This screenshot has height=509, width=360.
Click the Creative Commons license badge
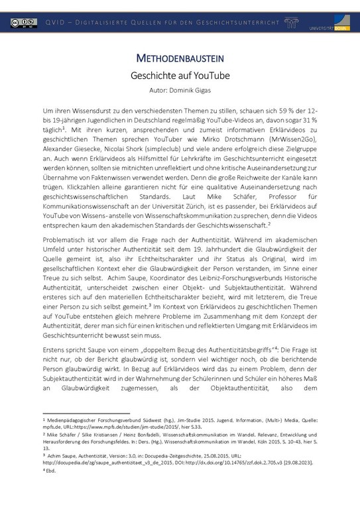pyautogui.click(x=23, y=23)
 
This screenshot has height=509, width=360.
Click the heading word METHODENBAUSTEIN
pyautogui.click(x=180, y=58)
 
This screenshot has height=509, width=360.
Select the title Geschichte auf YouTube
pyautogui.click(x=180, y=76)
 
